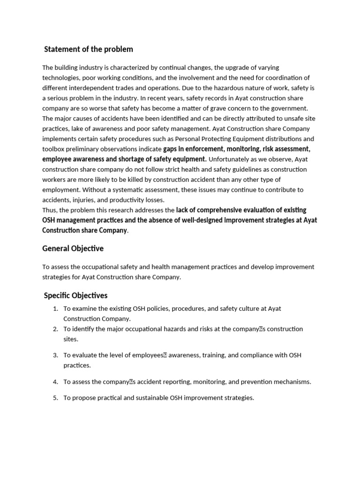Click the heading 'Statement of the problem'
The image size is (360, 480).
(88, 49)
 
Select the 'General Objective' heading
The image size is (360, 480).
(73, 248)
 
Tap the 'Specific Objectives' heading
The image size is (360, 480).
(75, 295)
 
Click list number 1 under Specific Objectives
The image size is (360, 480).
(55, 308)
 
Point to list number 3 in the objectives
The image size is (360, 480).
(55, 355)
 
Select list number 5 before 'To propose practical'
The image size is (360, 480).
(55, 398)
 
